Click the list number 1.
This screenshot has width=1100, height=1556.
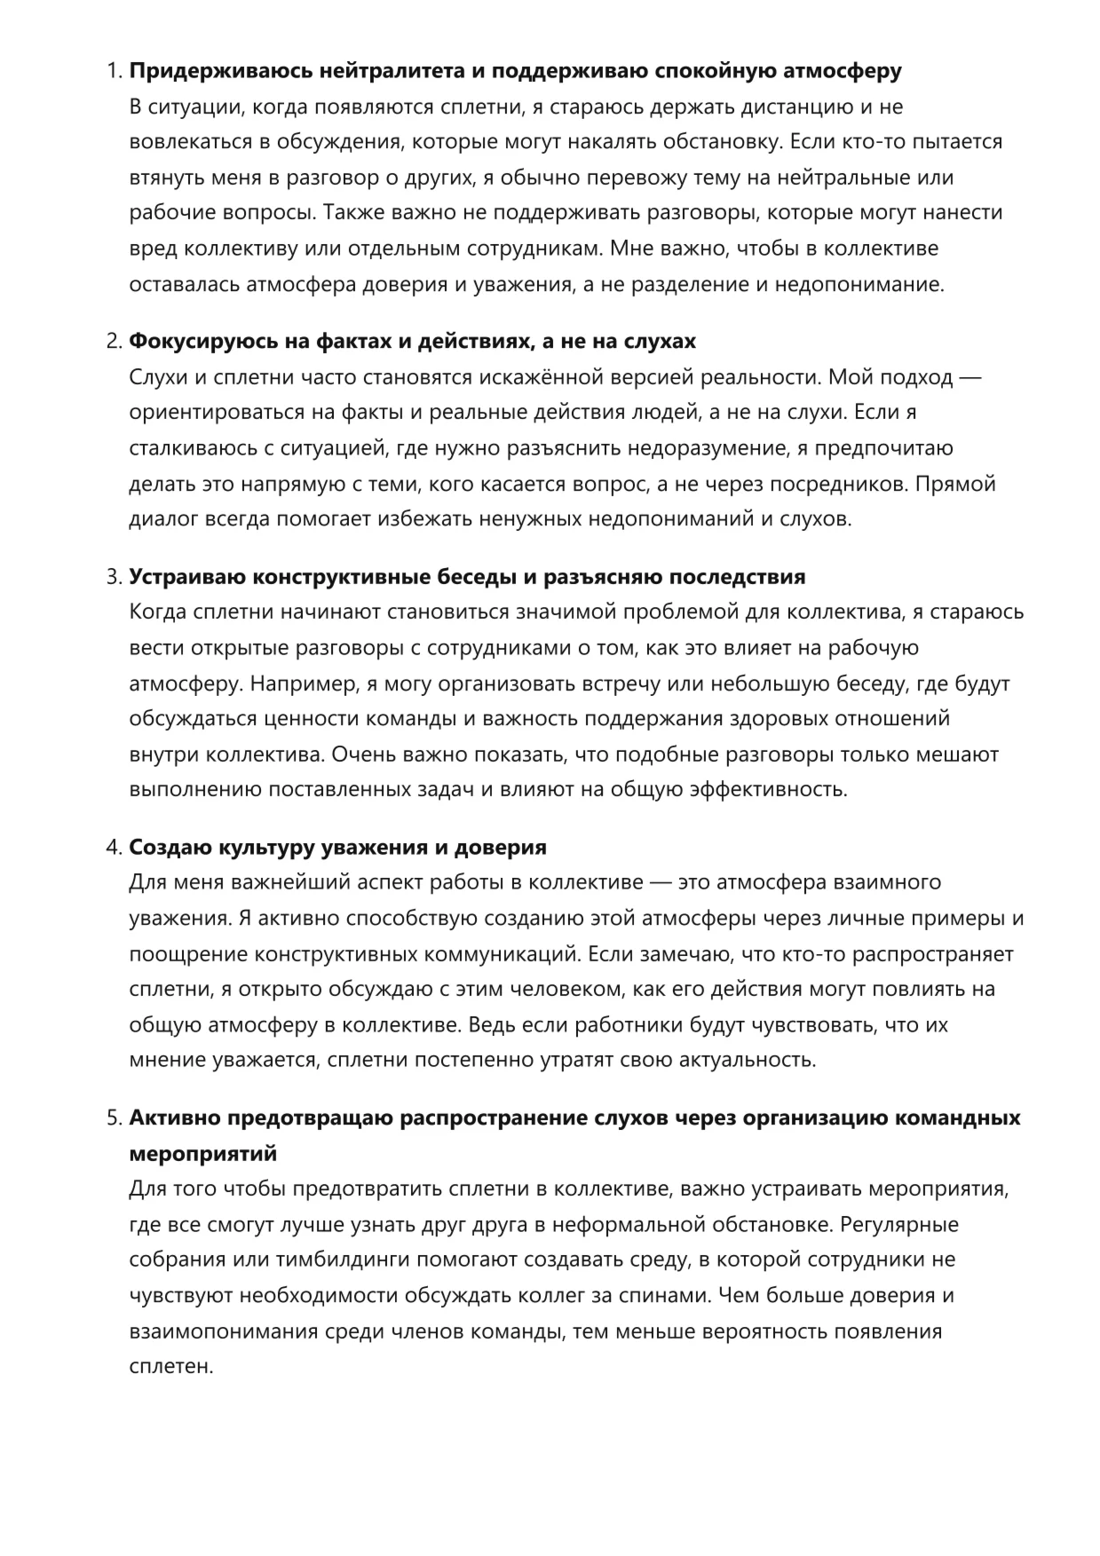113,71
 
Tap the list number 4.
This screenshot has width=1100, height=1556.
113,847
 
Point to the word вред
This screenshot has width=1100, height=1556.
154,249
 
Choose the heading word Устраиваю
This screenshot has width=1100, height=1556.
188,577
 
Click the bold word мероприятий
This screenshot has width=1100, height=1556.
203,1153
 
